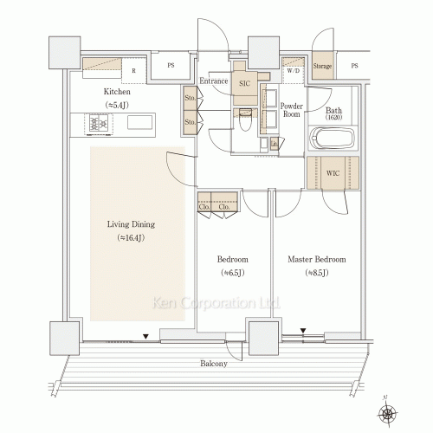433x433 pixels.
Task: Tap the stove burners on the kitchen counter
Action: tap(98, 124)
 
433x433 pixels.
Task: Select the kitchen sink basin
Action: tap(139, 123)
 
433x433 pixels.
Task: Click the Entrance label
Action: tap(213, 81)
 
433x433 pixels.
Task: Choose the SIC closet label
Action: tap(243, 83)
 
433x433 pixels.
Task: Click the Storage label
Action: tap(322, 66)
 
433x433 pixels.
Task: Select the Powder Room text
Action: tap(292, 109)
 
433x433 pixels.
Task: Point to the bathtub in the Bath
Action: tap(332, 139)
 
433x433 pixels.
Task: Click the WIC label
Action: tap(333, 173)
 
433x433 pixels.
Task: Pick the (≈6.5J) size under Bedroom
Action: tap(232, 274)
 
